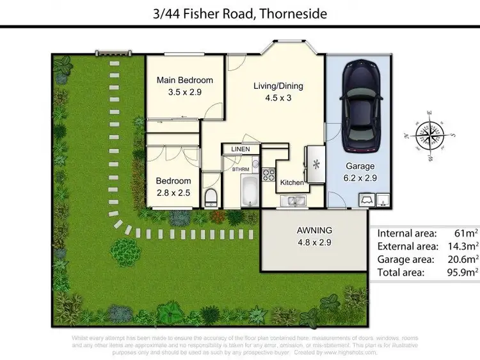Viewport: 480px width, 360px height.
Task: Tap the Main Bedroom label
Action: (185, 81)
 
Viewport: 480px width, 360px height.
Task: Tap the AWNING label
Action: (314, 231)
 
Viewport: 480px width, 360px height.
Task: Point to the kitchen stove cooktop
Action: (269, 174)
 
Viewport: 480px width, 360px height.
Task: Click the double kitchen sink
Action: (295, 201)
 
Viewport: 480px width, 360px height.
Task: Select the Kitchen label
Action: (292, 183)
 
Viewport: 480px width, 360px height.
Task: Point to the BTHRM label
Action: (241, 169)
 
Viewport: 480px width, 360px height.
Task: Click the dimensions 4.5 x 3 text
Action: (278, 98)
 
